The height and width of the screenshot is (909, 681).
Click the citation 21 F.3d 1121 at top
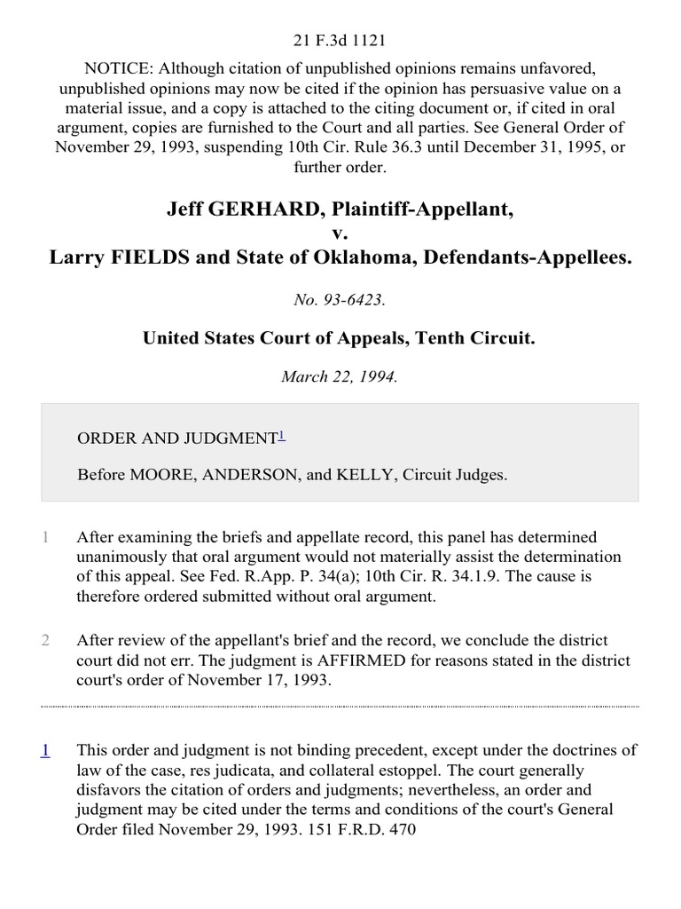tap(340, 16)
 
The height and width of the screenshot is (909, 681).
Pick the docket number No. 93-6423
tap(340, 300)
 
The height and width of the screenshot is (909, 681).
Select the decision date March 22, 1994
tap(340, 375)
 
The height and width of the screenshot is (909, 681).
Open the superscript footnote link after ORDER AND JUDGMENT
tap(282, 435)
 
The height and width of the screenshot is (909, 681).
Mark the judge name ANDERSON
tap(251, 475)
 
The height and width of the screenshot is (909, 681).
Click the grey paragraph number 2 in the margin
tap(45, 640)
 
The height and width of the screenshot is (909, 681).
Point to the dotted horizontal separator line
tap(340, 707)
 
